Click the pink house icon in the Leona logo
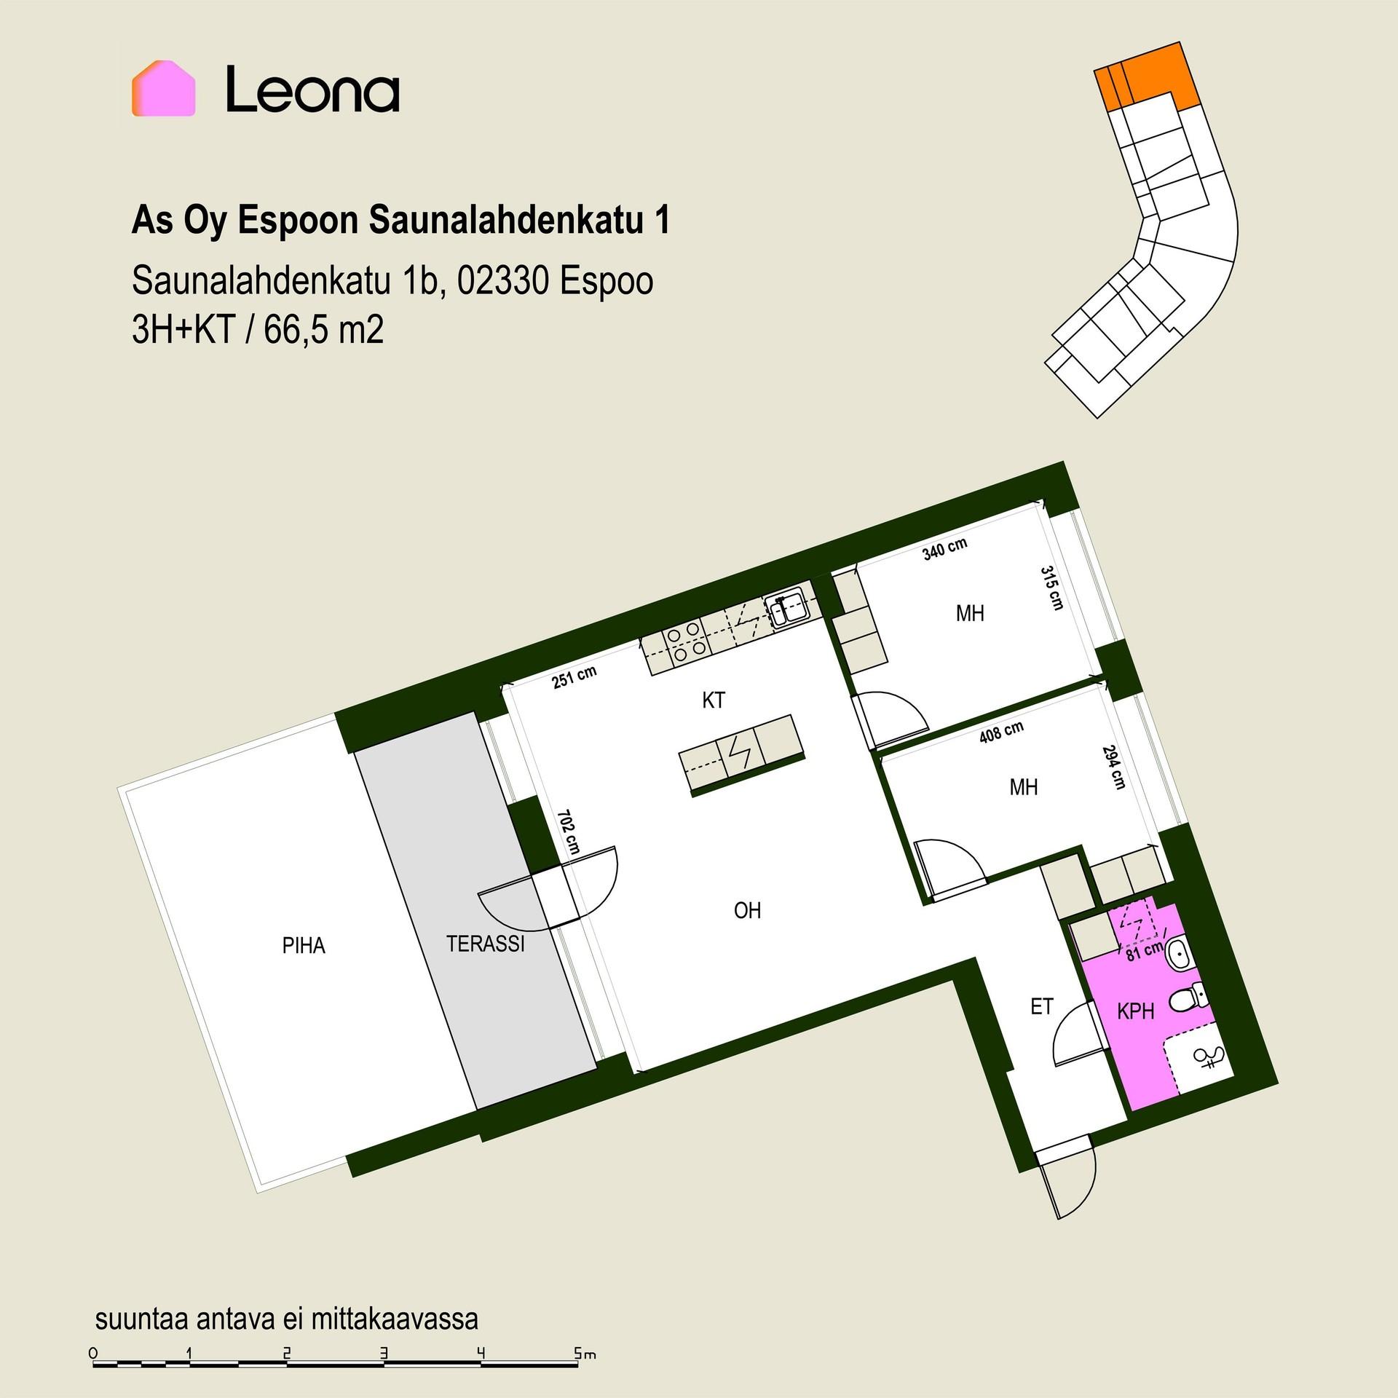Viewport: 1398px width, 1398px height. tap(163, 88)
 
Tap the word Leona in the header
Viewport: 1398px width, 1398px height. tap(312, 90)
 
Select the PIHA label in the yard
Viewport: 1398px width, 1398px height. tap(304, 946)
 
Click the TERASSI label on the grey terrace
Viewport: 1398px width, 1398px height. tap(486, 944)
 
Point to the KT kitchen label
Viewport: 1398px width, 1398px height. tap(714, 700)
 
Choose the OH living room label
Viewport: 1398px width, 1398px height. tap(747, 910)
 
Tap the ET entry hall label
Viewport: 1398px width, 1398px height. tap(1042, 1006)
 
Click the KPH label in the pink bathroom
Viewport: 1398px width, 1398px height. tap(1136, 1011)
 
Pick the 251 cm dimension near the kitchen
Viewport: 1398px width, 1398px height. tap(574, 677)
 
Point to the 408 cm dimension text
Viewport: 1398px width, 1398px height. tap(1001, 732)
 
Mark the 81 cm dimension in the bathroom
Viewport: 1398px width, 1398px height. tap(1145, 951)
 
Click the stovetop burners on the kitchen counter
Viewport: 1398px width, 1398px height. tap(686, 643)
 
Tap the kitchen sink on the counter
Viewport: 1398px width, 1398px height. tap(786, 609)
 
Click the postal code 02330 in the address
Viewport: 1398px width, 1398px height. tap(502, 282)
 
